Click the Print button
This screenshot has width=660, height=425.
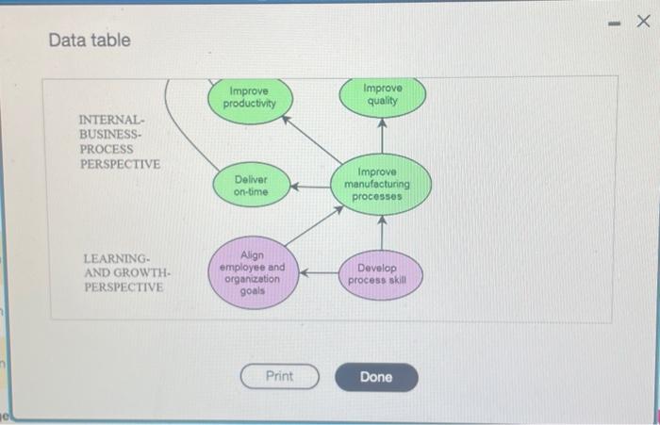click(x=279, y=376)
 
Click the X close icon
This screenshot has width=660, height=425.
click(x=643, y=21)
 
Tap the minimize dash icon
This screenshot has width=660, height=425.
click(x=614, y=24)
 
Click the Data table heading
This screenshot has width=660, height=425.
click(x=90, y=41)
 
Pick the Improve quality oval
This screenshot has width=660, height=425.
click(x=382, y=97)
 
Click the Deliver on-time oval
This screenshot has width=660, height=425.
click(x=252, y=185)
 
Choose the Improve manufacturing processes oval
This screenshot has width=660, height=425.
click(x=381, y=185)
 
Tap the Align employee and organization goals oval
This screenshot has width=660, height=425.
click(x=253, y=272)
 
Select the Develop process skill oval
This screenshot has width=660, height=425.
click(x=381, y=274)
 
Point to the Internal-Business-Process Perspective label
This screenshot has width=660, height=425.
click(x=120, y=141)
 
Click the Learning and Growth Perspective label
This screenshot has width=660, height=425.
click(x=126, y=272)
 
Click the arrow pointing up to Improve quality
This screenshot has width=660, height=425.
click(x=382, y=136)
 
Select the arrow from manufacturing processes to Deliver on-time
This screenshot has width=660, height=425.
click(x=310, y=187)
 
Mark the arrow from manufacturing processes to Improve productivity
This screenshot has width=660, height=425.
click(x=312, y=139)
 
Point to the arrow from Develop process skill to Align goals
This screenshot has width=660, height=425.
click(x=319, y=273)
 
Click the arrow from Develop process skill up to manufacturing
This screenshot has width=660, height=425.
click(x=382, y=233)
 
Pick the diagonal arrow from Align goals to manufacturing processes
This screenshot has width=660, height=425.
click(x=314, y=226)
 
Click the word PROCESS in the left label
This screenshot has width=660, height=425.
click(x=107, y=150)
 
